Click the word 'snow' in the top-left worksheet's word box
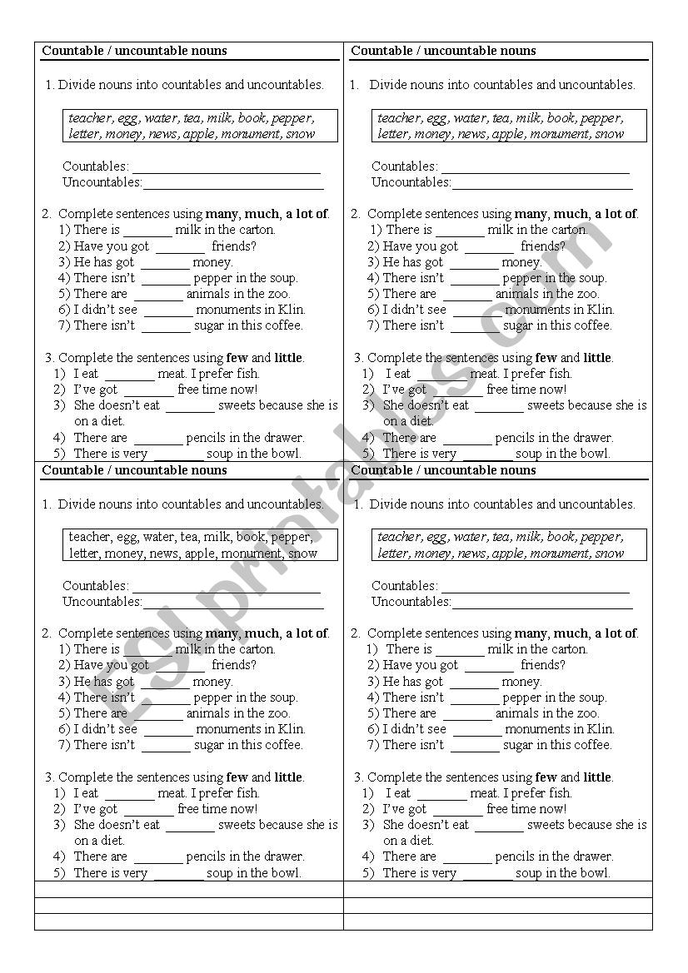tap(301, 134)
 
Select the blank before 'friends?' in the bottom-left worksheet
tap(180, 666)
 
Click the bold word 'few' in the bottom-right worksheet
tap(546, 777)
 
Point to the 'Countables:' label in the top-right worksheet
tap(404, 166)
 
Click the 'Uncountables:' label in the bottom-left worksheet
tap(102, 602)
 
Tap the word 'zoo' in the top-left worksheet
tap(277, 294)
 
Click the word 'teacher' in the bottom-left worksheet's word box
tap(90, 538)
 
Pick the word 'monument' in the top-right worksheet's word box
tap(559, 134)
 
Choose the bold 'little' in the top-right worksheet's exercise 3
tap(597, 358)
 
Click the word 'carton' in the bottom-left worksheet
tap(254, 649)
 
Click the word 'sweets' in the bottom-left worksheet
tap(237, 825)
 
